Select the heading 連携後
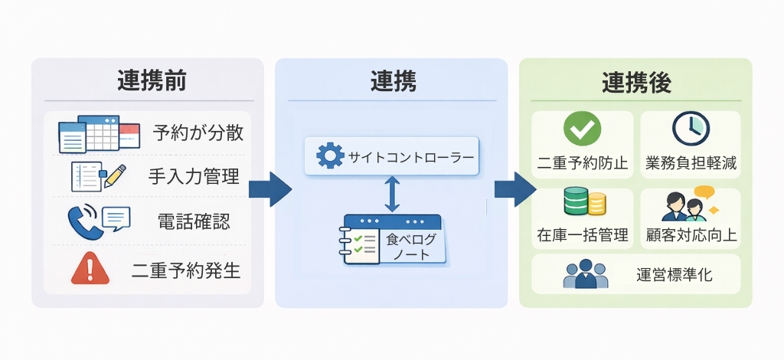pos(636,83)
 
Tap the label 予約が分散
pos(198,133)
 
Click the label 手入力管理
pos(194,177)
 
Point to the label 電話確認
pos(194,222)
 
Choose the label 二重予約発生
pos(186,270)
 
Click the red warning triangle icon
pos(90,269)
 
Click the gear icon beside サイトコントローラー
pos(330,156)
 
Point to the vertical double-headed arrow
pos(392,193)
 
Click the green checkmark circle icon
pos(582,129)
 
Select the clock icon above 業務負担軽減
pos(691,129)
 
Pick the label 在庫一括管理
pos(583,235)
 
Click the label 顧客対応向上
pos(691,235)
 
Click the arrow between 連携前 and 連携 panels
pos(269,188)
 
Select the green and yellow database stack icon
pos(584,203)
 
